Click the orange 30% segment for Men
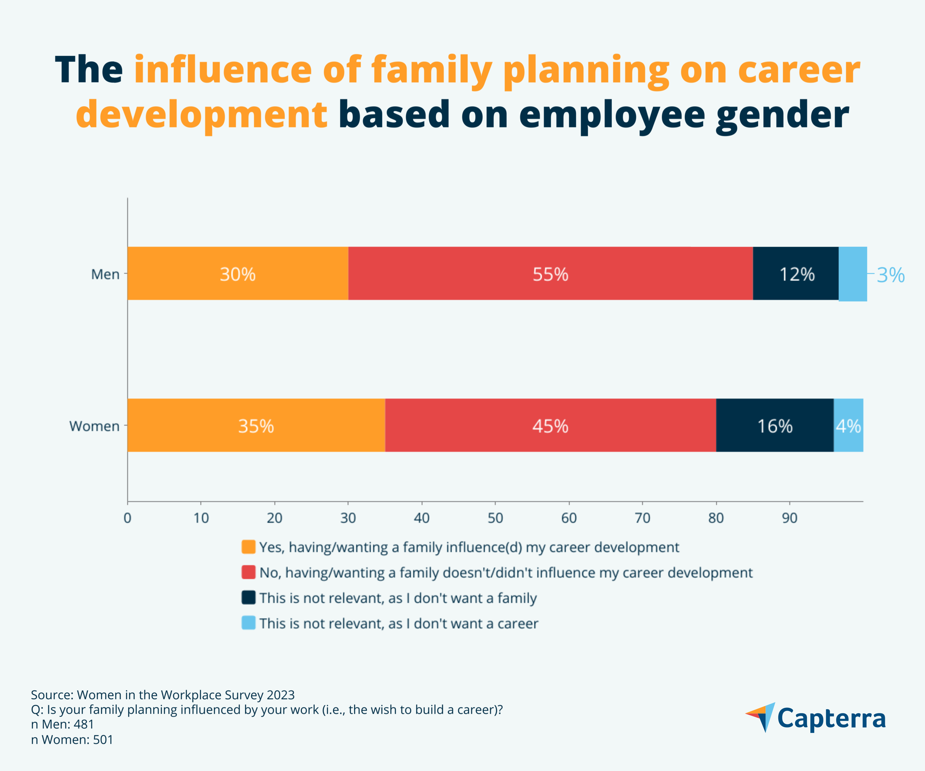pos(238,274)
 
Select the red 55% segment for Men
pos(550,274)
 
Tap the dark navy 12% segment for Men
pos(795,274)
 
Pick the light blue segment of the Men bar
pos(853,274)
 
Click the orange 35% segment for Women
pos(256,425)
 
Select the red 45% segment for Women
pos(550,425)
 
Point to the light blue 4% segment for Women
pos(848,425)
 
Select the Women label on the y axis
pos(94,426)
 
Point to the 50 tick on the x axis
pos(495,518)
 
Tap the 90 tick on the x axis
pos(789,518)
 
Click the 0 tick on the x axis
pos(127,518)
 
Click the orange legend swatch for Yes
pos(248,547)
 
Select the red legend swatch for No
pos(248,572)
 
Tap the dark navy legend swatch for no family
pos(248,597)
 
